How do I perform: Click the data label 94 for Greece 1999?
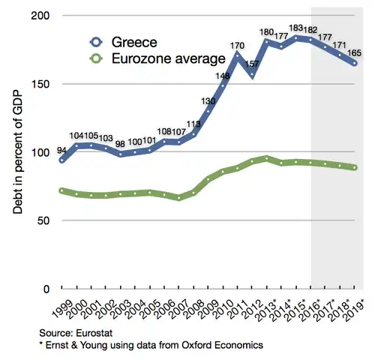tap(61, 149)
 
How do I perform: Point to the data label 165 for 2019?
tap(355, 52)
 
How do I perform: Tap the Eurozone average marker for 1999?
tap(61, 190)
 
